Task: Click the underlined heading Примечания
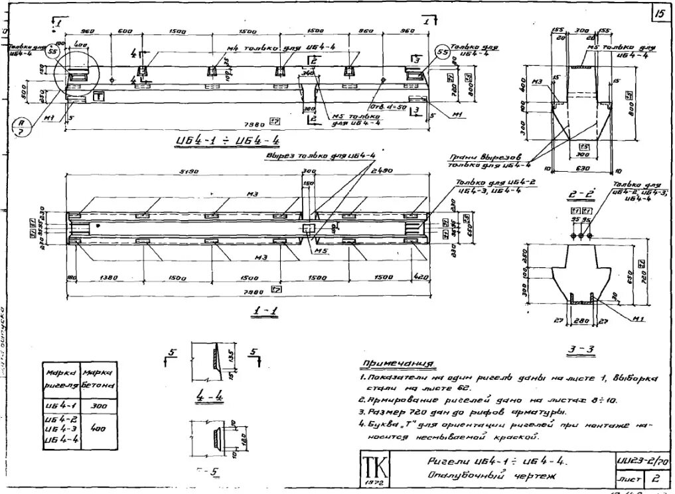[x=398, y=363]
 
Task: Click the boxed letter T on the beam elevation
[x=99, y=96]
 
